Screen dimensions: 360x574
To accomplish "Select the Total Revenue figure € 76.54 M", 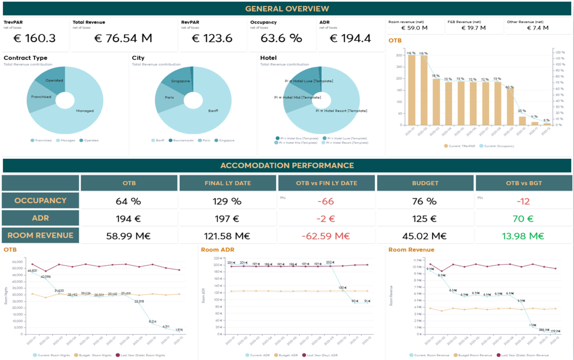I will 123,38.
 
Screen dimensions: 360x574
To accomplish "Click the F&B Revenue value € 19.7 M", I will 473,28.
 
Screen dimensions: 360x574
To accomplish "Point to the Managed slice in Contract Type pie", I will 85,111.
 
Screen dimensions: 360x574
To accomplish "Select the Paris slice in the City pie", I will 169,97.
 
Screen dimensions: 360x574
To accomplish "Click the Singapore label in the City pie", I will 181,81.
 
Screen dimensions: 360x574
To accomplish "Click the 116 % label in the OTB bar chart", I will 411,53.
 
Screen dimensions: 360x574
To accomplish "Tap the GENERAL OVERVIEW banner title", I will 287,9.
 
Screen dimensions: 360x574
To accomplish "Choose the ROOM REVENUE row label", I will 40,235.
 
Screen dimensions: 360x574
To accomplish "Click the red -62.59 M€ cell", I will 326,236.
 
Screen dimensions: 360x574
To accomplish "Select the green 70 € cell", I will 523,218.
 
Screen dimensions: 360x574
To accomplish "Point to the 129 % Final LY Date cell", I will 227,201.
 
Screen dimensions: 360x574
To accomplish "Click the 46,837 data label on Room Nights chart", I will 32,270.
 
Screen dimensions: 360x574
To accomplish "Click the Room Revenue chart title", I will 411,250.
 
